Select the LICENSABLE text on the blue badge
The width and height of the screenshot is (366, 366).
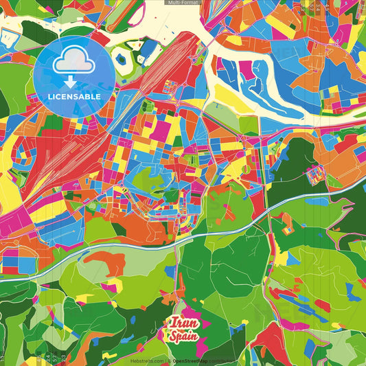pyautogui.click(x=74, y=96)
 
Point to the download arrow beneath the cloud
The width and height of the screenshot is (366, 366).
pyautogui.click(x=71, y=81)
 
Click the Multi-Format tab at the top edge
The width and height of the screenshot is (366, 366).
pyautogui.click(x=183, y=3)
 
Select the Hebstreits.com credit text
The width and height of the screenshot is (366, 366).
pyautogui.click(x=148, y=361)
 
